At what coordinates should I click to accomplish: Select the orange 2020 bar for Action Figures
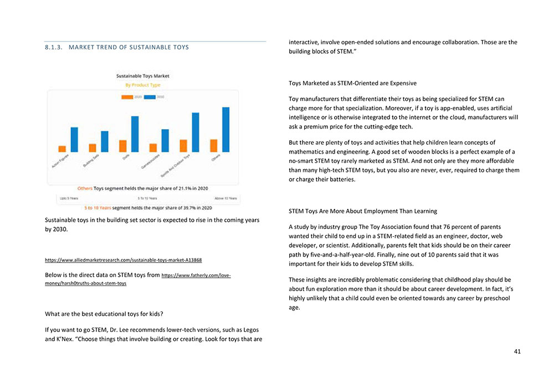[62, 149]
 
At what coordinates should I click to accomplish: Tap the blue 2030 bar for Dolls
[135, 134]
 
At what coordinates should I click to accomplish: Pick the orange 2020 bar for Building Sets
[93, 148]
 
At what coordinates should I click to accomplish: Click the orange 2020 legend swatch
[127, 97]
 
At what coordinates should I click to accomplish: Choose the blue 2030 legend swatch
[150, 97]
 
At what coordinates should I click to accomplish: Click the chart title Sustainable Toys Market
[143, 76]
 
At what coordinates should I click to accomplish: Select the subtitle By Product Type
[143, 85]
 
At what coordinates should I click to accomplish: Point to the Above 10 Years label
[225, 198]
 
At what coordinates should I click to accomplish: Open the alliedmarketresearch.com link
[123, 260]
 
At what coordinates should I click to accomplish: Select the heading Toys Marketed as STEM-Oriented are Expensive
[352, 83]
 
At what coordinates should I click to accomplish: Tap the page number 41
[517, 351]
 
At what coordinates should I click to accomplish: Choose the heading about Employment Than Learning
[363, 211]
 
